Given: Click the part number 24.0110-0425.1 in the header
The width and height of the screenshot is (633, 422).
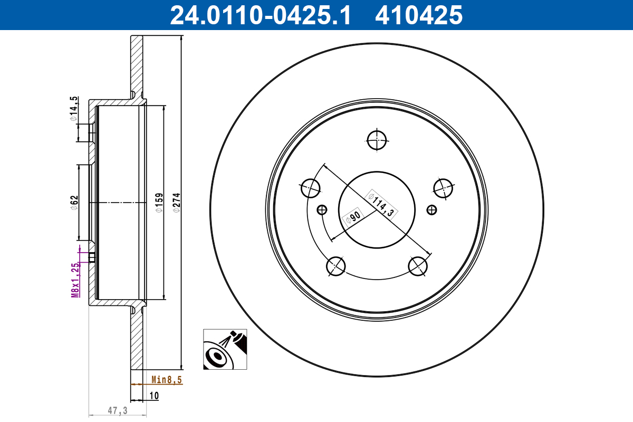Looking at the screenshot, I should pyautogui.click(x=260, y=15).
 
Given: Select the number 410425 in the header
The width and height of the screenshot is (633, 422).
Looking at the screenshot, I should pyautogui.click(x=418, y=15).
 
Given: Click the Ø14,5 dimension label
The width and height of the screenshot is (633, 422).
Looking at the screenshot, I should pyautogui.click(x=74, y=109).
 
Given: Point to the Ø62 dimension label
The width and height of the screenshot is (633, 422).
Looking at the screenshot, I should pyautogui.click(x=74, y=203).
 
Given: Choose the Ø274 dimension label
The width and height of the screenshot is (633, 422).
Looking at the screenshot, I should pyautogui.click(x=177, y=203).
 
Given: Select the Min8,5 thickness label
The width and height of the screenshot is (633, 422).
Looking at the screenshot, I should pyautogui.click(x=167, y=379).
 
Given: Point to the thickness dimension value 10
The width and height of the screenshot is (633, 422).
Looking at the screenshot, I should pyautogui.click(x=154, y=395).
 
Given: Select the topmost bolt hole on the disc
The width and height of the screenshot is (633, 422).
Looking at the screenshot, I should pyautogui.click(x=377, y=140).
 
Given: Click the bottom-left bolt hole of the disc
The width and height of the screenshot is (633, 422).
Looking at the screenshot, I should pyautogui.click(x=336, y=266).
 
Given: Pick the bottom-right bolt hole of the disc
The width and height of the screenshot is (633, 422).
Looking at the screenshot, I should pyautogui.click(x=418, y=266).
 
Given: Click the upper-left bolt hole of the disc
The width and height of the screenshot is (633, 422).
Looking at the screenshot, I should pyautogui.click(x=310, y=187).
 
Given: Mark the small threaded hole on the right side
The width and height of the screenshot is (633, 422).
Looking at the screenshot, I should pyautogui.click(x=432, y=210).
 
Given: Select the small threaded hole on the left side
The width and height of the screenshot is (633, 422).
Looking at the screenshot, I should pyautogui.click(x=321, y=210).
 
